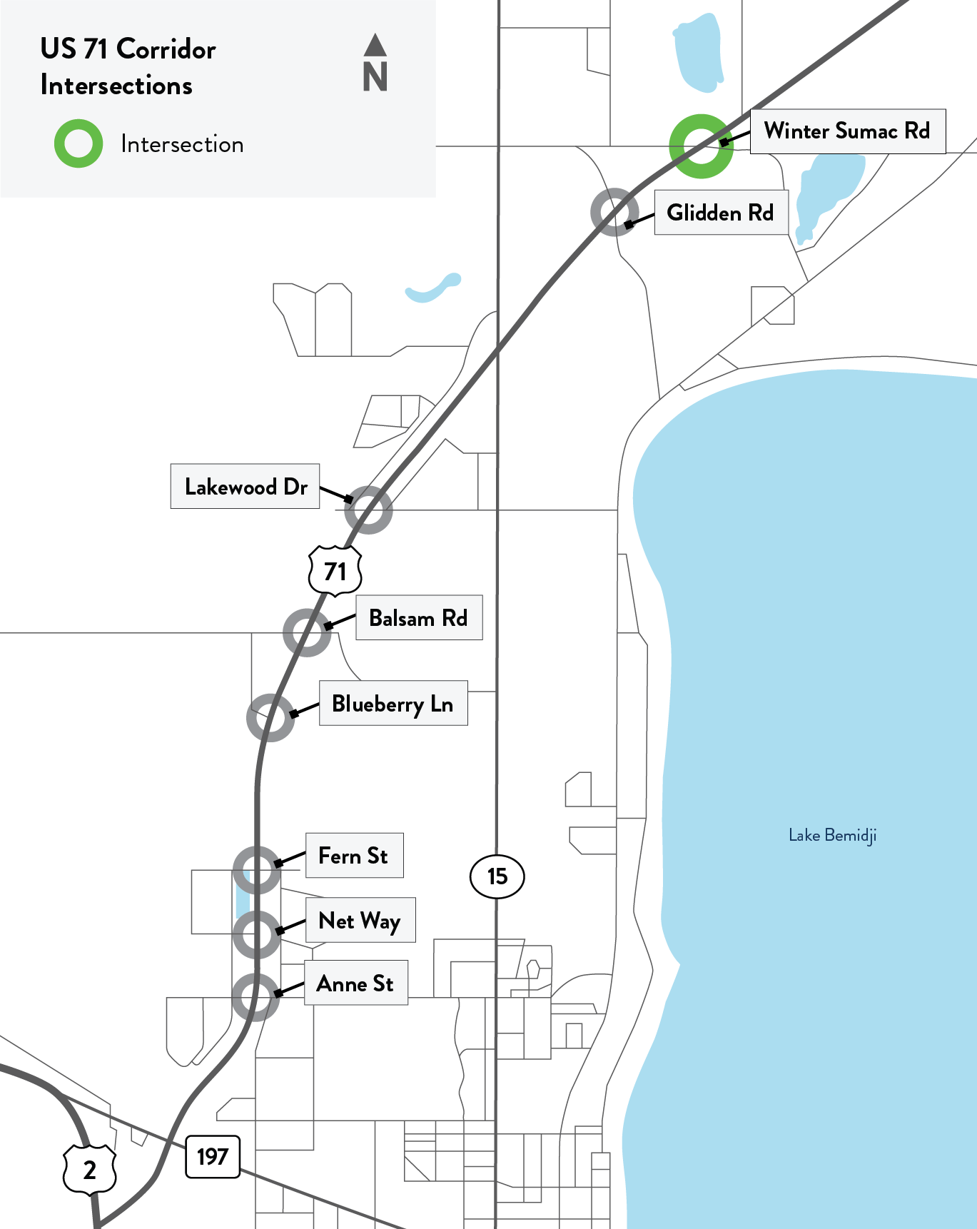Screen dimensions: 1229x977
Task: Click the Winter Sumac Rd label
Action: pyautogui.click(x=847, y=131)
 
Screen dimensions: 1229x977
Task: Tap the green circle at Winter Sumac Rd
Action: pyautogui.click(x=701, y=146)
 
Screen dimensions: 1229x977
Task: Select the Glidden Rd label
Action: pyautogui.click(x=721, y=213)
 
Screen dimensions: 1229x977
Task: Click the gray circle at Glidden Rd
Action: pyautogui.click(x=614, y=212)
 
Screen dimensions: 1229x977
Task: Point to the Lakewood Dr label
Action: pyautogui.click(x=245, y=487)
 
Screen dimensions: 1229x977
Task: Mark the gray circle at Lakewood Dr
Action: pyautogui.click(x=368, y=510)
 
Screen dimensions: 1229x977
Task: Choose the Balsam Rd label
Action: pyautogui.click(x=419, y=618)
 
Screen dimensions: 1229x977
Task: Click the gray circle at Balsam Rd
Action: pyautogui.click(x=307, y=632)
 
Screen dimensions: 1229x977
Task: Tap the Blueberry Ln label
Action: pyautogui.click(x=393, y=704)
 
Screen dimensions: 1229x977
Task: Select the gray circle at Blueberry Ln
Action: pyautogui.click(x=270, y=717)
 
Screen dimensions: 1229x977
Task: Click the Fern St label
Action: pyautogui.click(x=354, y=856)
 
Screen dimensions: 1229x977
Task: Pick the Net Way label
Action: pyautogui.click(x=360, y=921)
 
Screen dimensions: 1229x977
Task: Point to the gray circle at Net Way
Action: pyautogui.click(x=257, y=934)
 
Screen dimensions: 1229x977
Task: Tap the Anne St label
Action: pyautogui.click(x=355, y=983)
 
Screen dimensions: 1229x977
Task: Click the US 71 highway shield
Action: pyautogui.click(x=335, y=571)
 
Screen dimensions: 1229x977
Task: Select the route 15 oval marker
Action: pyautogui.click(x=497, y=876)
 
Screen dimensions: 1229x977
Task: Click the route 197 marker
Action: pyautogui.click(x=213, y=1157)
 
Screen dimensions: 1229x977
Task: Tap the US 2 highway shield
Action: pyautogui.click(x=90, y=1170)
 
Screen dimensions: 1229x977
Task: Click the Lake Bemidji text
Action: pyautogui.click(x=832, y=836)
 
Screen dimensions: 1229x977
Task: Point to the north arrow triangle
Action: pyautogui.click(x=375, y=45)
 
